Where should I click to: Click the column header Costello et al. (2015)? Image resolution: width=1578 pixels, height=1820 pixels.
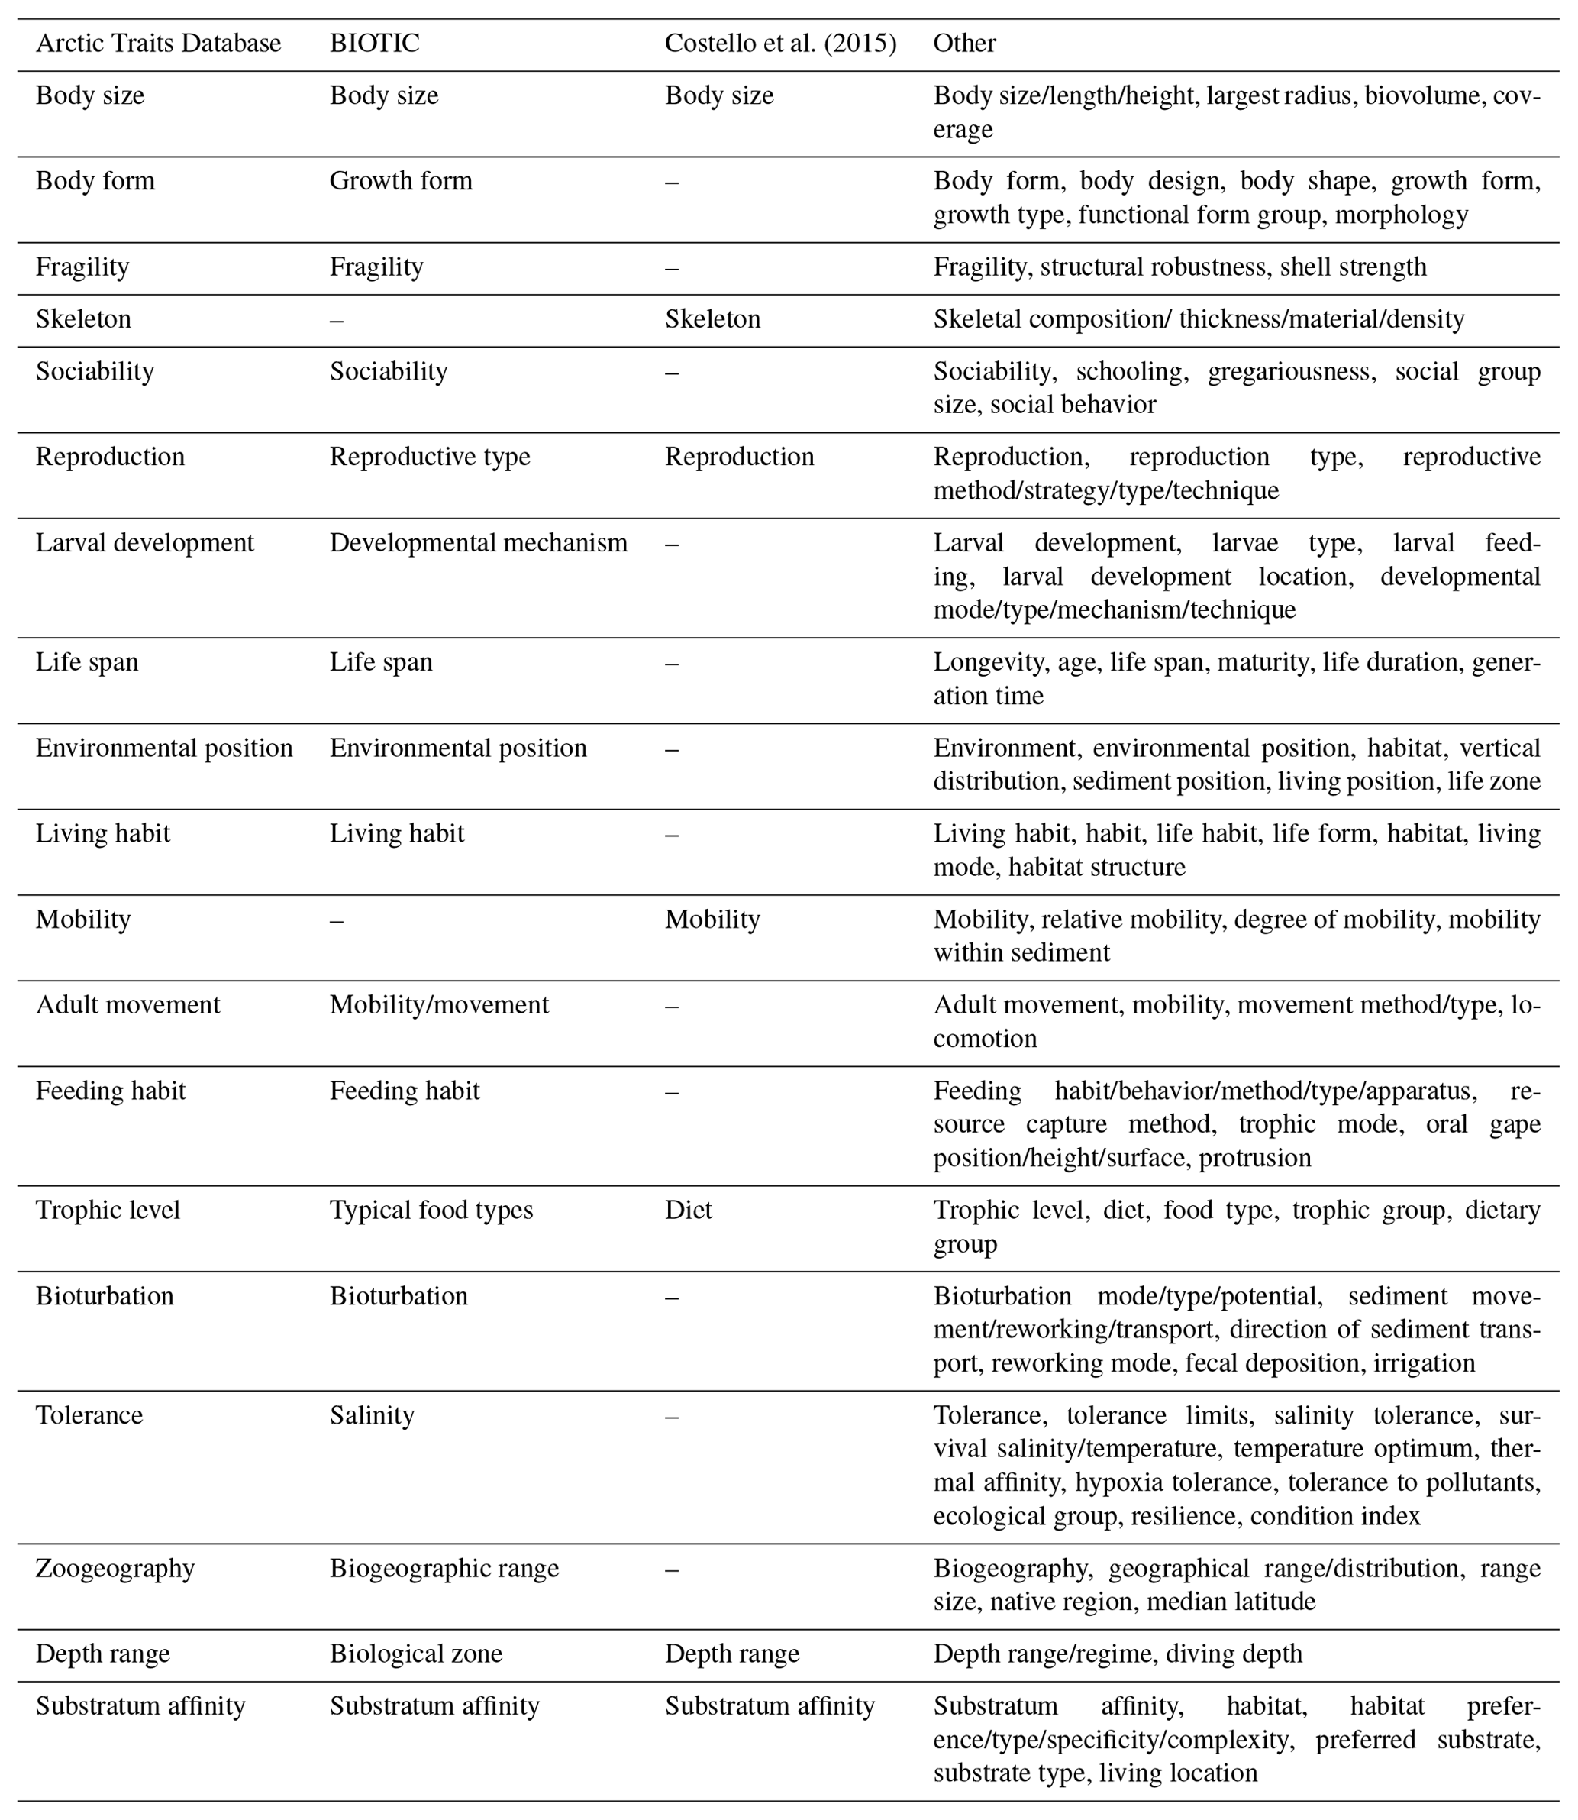tap(780, 44)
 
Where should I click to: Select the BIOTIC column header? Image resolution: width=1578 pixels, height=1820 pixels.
tap(374, 44)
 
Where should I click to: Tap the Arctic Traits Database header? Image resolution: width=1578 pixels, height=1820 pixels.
tap(159, 44)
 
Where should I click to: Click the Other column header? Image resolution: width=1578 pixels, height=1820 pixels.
tap(964, 44)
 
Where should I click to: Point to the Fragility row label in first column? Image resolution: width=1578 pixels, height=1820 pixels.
tap(82, 267)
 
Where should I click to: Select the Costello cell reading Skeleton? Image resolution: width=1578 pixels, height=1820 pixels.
tap(712, 319)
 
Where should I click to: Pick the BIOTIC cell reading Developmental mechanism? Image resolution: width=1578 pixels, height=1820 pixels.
tap(478, 543)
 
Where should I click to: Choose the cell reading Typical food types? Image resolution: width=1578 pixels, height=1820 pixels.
tap(431, 1211)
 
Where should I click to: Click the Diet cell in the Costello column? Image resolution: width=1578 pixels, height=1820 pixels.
tap(689, 1211)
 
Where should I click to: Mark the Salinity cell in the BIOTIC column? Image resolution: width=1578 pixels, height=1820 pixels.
tap(372, 1416)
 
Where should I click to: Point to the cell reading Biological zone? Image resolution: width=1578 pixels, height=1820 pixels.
tap(415, 1654)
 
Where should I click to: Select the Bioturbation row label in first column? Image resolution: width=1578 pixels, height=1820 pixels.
tap(105, 1297)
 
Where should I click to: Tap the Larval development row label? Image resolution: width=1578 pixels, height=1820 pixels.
tap(144, 543)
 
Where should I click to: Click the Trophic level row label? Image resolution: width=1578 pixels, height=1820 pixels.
tap(108, 1211)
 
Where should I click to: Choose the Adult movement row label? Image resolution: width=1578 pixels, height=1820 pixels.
tap(127, 1005)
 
